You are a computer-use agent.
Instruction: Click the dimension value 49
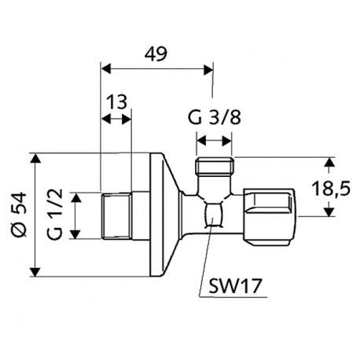tap(156, 54)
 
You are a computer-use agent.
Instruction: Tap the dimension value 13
tap(117, 102)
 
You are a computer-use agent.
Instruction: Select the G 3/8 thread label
tap(215, 118)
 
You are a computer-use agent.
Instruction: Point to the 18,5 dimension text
tap(331, 189)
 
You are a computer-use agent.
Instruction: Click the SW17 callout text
tap(235, 286)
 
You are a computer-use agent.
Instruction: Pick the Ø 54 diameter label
tap(19, 215)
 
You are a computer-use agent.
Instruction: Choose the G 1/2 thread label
tap(55, 214)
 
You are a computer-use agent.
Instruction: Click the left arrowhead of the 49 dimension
tap(106, 70)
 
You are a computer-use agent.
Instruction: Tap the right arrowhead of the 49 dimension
tap(208, 70)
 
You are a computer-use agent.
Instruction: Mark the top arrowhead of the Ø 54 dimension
tap(35, 158)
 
